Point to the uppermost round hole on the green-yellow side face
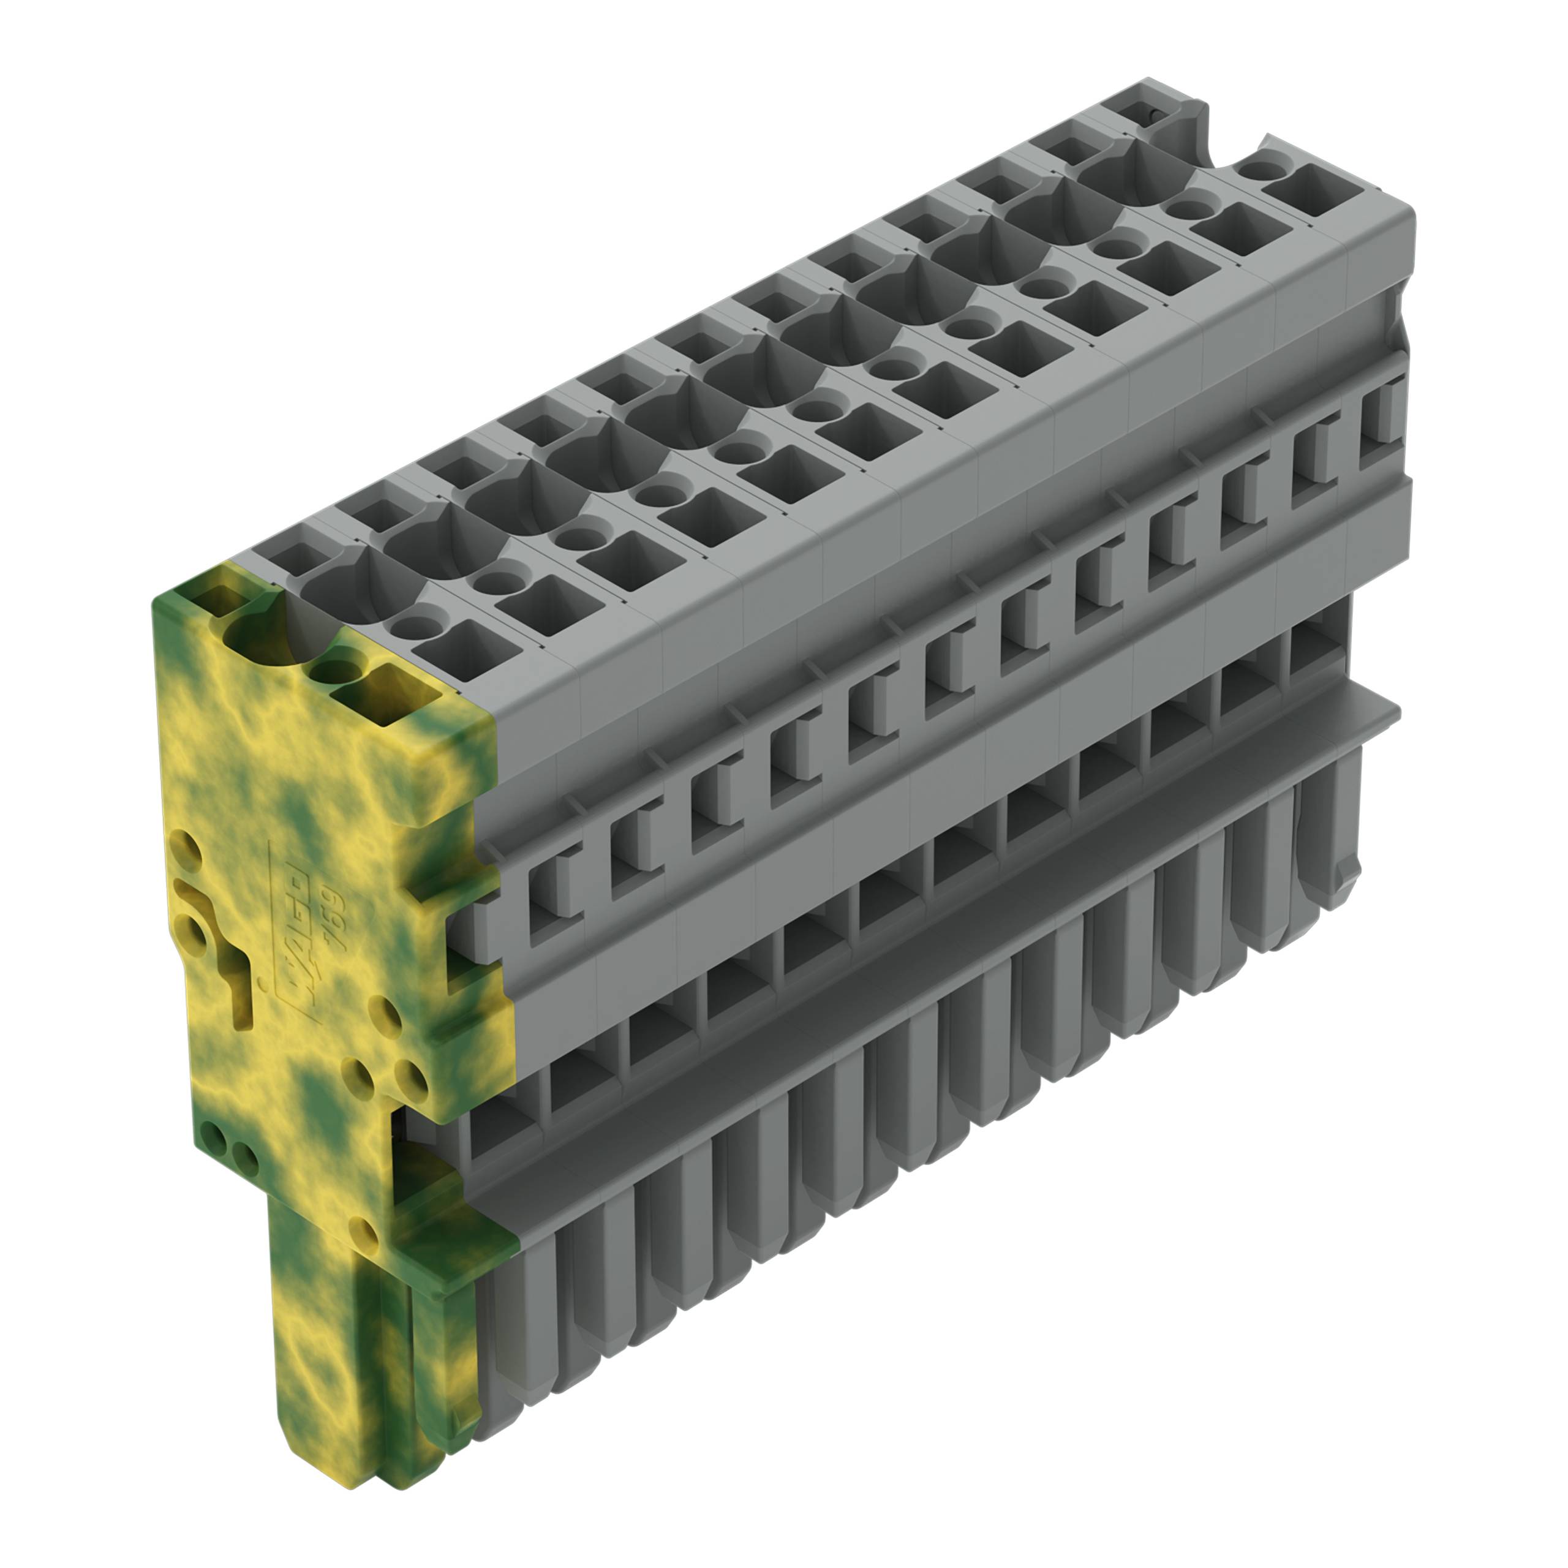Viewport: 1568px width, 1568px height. tap(186, 852)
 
